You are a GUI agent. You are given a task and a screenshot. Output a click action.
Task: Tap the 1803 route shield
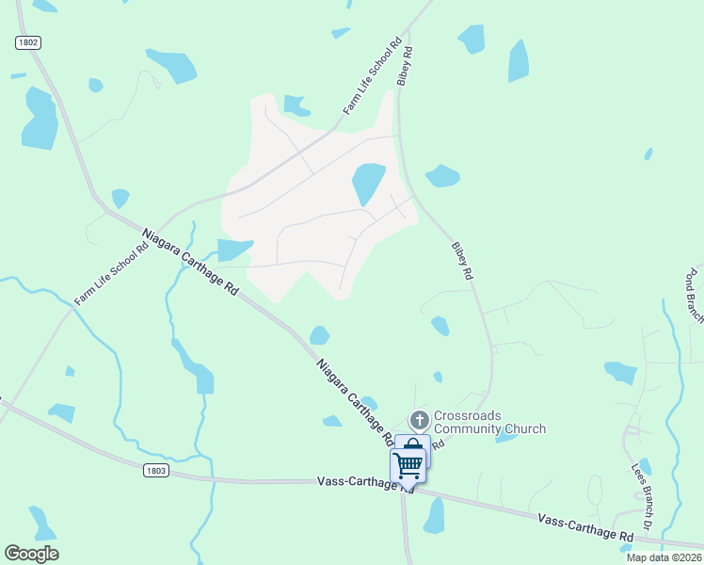(157, 468)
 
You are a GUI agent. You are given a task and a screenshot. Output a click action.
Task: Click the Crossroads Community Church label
(489, 422)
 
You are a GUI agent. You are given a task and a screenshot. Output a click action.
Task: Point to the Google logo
(31, 554)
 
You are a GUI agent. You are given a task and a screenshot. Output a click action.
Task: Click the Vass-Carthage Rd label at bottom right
(584, 526)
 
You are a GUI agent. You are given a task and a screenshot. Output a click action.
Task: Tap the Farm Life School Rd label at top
(373, 76)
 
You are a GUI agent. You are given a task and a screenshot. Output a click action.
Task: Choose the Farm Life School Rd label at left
(112, 273)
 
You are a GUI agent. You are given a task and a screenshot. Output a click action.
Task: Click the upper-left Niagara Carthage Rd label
(190, 263)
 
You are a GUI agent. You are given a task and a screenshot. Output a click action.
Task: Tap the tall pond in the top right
(519, 61)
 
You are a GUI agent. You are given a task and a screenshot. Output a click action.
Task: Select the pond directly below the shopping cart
(434, 516)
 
